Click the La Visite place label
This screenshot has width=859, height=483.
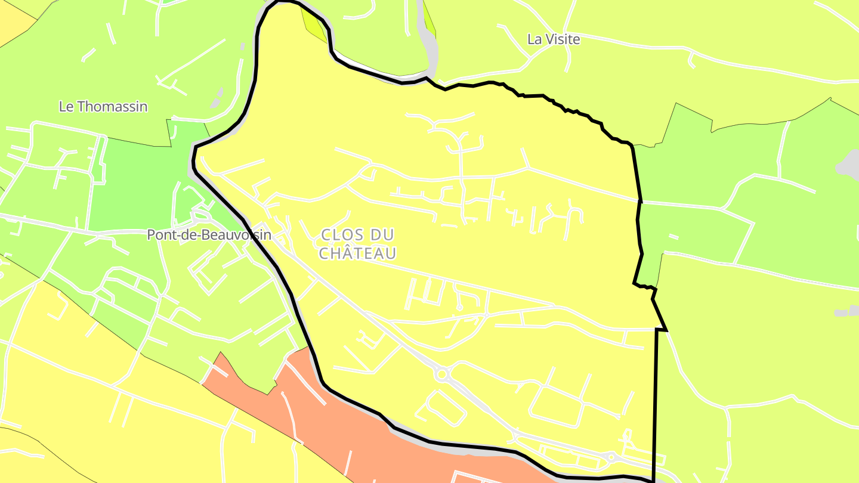[x=553, y=39]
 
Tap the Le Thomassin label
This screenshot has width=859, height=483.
[x=103, y=107]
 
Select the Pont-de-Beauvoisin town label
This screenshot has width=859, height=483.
[x=209, y=235]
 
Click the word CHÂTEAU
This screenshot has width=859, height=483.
[x=357, y=253]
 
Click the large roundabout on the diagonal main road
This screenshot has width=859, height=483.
[x=441, y=374]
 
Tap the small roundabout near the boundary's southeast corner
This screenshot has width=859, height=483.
[x=611, y=457]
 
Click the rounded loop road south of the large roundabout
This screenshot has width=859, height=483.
[x=441, y=408]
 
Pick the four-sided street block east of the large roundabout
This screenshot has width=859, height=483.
[x=555, y=405]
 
